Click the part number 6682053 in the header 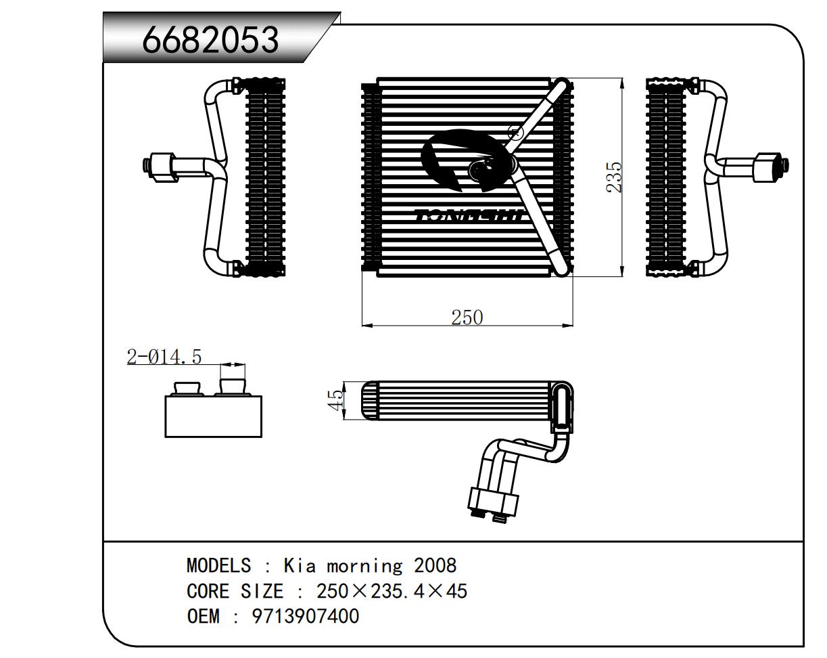tap(210, 40)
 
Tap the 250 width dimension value tap(467, 317)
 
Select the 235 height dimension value tap(614, 177)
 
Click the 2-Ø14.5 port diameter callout tap(164, 357)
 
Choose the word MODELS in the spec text tap(218, 565)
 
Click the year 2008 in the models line tap(435, 565)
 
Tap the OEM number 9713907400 tap(306, 617)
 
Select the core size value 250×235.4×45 tap(392, 591)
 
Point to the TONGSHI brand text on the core tap(469, 216)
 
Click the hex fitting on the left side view tap(161, 167)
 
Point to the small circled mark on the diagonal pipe tap(514, 131)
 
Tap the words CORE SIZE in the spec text tap(235, 591)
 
